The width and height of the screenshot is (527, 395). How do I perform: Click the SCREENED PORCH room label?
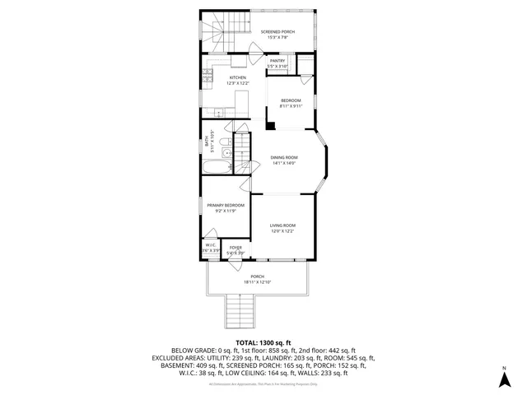click(x=277, y=31)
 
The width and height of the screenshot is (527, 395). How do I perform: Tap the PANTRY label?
click(x=277, y=60)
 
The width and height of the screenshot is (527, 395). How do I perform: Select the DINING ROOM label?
click(x=284, y=157)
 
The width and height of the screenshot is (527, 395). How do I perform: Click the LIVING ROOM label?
click(x=282, y=225)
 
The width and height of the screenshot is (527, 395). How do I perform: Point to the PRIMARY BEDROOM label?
click(x=225, y=206)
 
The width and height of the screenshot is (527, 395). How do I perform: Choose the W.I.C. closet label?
click(x=210, y=245)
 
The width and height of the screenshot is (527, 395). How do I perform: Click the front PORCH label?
click(x=257, y=276)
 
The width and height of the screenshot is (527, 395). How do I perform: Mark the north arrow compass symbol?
click(x=504, y=379)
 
